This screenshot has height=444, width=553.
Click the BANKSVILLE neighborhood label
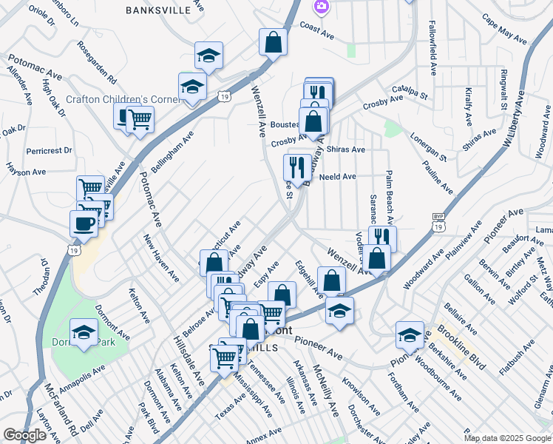(x=163, y=10)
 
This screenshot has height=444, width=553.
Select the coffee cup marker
(x=84, y=223)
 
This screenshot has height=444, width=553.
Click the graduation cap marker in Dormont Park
(x=84, y=334)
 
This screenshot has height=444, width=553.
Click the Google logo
(x=25, y=435)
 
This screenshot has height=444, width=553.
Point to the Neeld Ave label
(x=336, y=177)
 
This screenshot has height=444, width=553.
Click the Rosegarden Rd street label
(x=97, y=61)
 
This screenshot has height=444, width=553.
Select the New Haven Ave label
(x=161, y=258)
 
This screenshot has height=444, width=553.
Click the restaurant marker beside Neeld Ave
(x=297, y=167)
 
